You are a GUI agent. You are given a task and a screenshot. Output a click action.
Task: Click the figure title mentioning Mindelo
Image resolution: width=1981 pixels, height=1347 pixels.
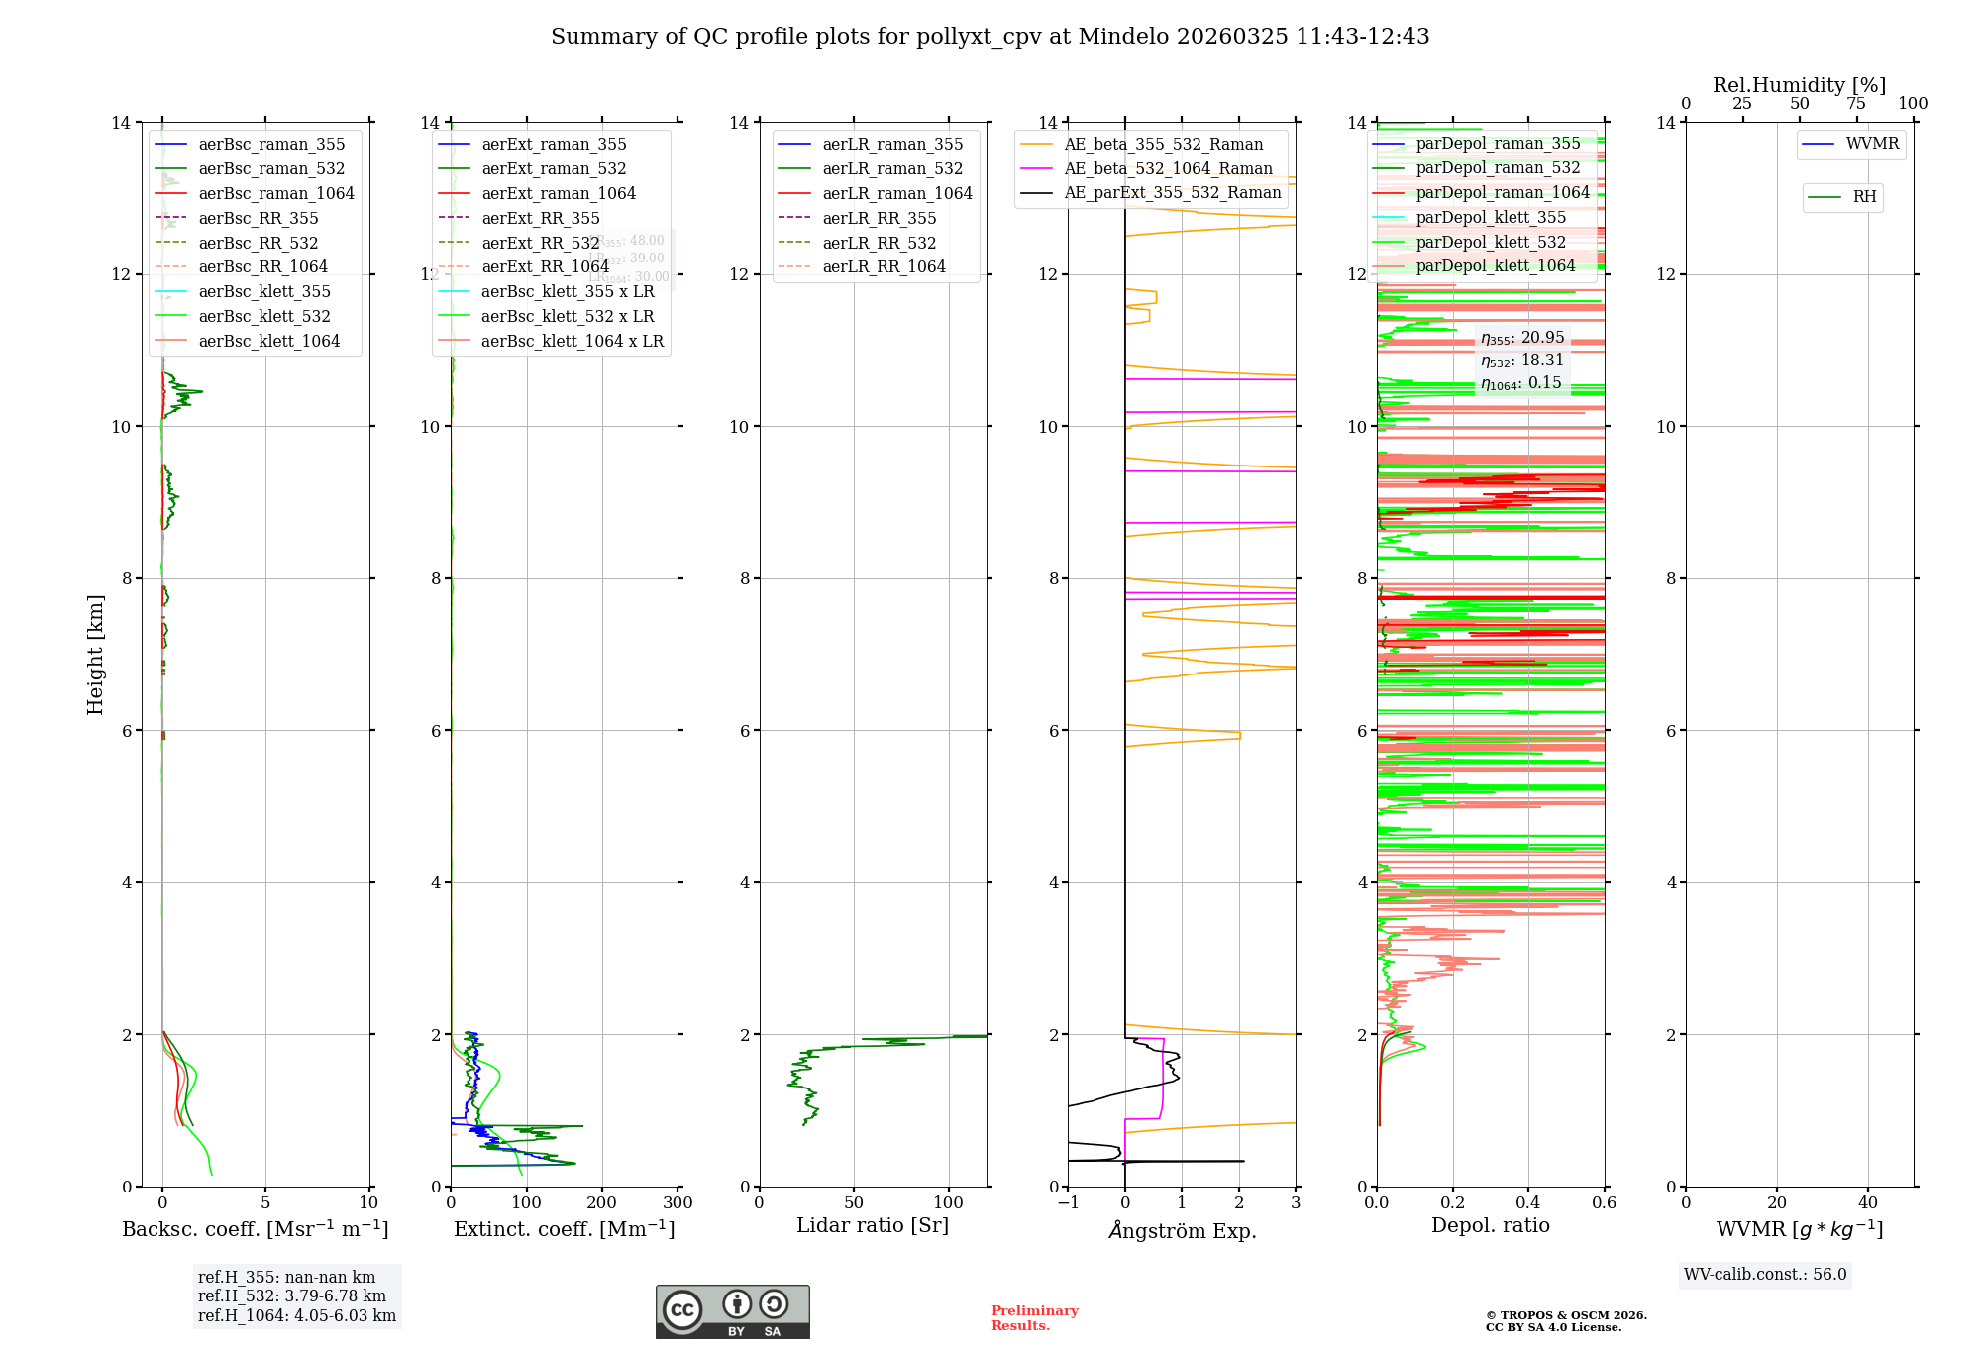coord(990,37)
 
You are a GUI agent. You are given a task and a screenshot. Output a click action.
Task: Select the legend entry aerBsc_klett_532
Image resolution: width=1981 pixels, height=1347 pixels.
coord(263,316)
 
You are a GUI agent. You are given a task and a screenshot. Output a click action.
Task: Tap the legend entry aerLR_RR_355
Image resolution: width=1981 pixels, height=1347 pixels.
coord(879,218)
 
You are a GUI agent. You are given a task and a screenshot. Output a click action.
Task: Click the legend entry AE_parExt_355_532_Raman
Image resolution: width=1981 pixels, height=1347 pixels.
coord(1172,193)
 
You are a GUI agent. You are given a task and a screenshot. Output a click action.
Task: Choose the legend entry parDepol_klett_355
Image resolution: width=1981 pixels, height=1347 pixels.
coord(1490,217)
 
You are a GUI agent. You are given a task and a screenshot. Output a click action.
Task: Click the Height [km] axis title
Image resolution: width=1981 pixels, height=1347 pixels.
coord(95,654)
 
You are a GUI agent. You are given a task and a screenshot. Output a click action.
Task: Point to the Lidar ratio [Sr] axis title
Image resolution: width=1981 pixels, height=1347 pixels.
coord(873,1225)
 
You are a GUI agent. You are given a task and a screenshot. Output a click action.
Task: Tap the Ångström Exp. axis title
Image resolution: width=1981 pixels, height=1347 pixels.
coord(1182,1230)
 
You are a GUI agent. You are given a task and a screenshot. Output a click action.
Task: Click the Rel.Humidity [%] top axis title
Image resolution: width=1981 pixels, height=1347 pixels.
coord(1799,85)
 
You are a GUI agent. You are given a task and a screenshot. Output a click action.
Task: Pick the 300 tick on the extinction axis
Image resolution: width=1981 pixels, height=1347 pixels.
coord(678,1202)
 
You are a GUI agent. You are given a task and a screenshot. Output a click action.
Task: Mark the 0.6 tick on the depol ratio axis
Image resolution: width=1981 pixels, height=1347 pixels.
coord(1604,1202)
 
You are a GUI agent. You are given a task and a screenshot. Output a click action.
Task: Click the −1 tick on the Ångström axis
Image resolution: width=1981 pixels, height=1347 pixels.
coord(1067,1202)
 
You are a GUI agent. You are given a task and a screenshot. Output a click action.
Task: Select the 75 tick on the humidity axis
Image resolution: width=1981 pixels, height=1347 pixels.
coord(1855,104)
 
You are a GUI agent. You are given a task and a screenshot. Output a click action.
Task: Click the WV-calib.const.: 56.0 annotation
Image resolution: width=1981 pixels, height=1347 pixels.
coord(1765,1275)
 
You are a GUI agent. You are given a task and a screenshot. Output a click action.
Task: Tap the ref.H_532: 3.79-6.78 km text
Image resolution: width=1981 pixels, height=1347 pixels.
coord(292,1295)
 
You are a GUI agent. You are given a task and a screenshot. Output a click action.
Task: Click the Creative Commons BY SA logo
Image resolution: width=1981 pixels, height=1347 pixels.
coord(732,1311)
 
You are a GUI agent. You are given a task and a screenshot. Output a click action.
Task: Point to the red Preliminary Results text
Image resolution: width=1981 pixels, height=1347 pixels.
coord(1034,1317)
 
